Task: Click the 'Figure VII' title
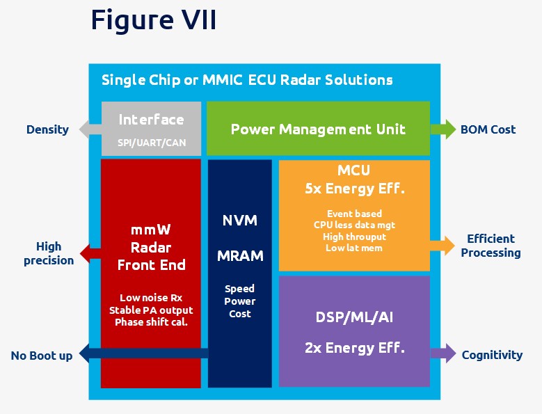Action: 154,19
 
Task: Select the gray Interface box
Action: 151,129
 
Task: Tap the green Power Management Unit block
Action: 318,129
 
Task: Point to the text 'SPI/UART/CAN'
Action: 152,143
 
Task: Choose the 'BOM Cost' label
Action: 488,129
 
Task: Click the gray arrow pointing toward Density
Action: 90,129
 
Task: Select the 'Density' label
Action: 48,129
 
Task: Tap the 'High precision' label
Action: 49,253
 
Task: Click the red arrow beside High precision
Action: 90,254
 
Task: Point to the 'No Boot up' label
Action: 42,356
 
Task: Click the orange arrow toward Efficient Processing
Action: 443,246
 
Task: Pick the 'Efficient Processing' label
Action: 491,246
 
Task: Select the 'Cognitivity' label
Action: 492,355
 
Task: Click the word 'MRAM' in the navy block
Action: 240,256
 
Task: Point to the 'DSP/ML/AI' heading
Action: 354,317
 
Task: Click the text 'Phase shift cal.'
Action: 151,322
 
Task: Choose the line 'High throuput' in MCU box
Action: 354,237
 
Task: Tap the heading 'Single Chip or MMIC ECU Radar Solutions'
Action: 247,80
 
